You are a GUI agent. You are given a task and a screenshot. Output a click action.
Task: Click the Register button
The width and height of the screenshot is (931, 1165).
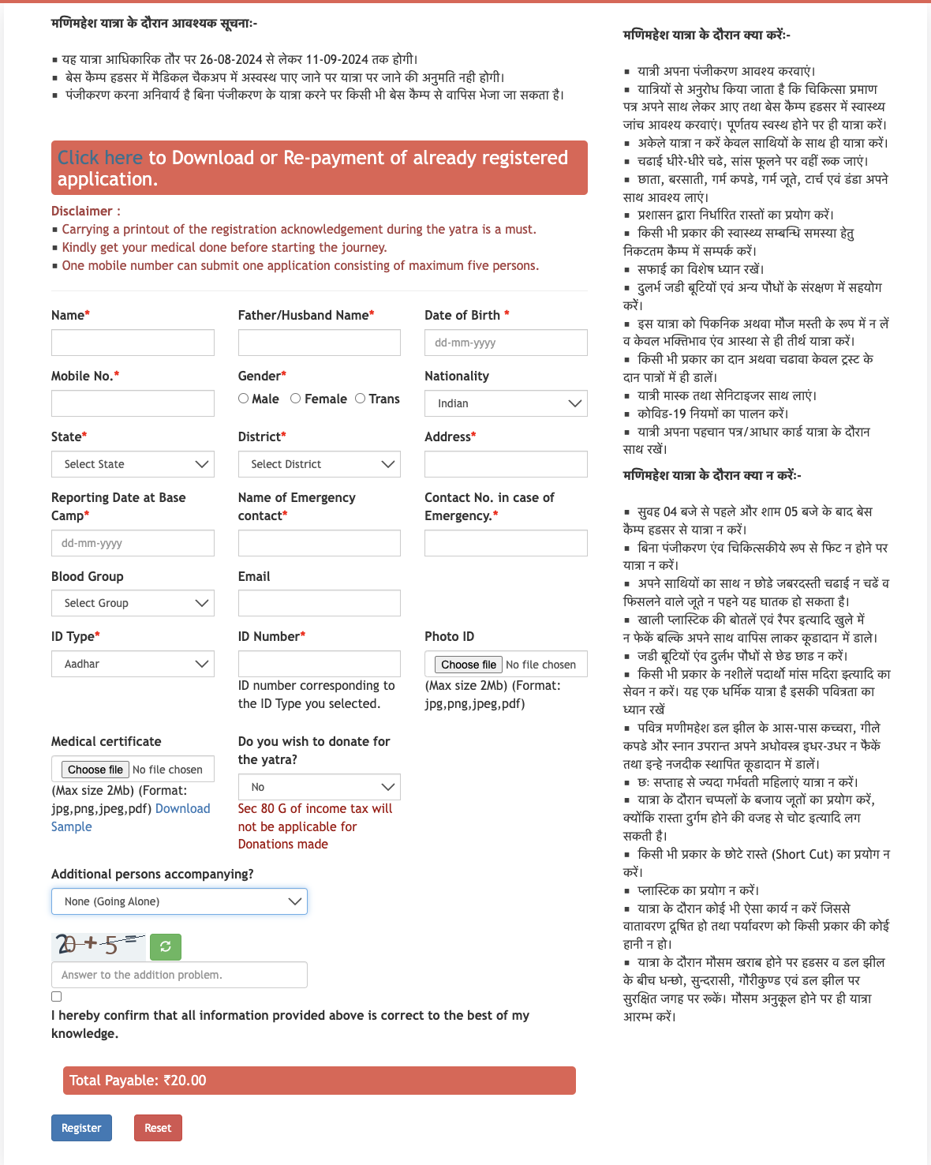[81, 1128]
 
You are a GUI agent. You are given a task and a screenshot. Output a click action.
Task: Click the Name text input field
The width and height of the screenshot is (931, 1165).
[133, 343]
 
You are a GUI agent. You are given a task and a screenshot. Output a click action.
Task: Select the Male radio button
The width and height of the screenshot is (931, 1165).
[244, 399]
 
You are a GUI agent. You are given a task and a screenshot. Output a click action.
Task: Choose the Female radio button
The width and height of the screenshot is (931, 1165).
[296, 399]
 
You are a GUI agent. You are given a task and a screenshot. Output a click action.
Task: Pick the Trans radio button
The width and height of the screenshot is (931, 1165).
[361, 399]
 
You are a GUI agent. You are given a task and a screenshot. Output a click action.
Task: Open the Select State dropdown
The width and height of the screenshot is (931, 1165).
[133, 464]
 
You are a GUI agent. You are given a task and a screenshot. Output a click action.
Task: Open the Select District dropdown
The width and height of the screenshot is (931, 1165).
[319, 464]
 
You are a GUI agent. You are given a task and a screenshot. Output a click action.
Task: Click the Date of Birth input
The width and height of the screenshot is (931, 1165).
[506, 343]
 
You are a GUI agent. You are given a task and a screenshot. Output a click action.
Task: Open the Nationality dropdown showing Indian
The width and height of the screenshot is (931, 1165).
[506, 403]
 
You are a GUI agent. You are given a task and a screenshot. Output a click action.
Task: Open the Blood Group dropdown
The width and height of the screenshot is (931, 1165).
[133, 603]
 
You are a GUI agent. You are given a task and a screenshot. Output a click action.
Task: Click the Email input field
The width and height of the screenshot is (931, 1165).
[319, 603]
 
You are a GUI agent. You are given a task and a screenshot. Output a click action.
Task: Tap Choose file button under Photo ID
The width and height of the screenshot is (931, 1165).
[469, 665]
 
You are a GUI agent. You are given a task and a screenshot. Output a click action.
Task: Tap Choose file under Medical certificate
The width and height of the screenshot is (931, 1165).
[95, 770]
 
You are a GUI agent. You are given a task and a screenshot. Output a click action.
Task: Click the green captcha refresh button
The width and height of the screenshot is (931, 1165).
[166, 946]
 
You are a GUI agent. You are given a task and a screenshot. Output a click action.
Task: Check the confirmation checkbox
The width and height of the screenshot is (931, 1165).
[57, 997]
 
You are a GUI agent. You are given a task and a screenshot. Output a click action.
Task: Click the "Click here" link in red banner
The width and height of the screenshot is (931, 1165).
[100, 158]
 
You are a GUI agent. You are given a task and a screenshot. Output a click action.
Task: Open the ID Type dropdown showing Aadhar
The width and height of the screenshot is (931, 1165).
[133, 664]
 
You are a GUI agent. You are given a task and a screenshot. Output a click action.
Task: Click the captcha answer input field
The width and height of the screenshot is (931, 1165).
[179, 975]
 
